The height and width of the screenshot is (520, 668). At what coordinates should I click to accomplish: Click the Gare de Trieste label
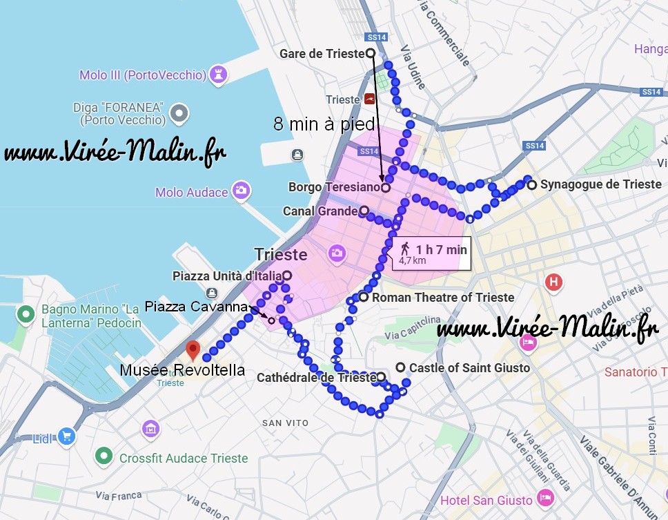coord(322,54)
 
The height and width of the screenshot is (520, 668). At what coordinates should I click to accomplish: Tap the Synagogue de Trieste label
coord(600,184)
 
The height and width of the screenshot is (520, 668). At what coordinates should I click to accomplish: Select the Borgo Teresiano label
coord(334,187)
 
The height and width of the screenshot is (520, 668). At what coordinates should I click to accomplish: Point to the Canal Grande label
coord(320,211)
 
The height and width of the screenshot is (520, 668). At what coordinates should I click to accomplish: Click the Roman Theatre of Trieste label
coord(442,298)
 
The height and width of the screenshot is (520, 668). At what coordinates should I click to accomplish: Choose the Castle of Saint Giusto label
coord(469,368)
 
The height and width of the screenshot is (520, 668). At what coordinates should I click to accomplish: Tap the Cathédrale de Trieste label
coord(316,378)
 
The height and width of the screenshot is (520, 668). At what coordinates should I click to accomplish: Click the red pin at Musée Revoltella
coord(193,349)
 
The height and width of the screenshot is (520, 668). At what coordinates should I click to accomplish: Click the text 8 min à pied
coord(324,124)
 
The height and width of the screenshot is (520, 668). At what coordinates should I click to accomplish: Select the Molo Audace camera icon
coord(241,191)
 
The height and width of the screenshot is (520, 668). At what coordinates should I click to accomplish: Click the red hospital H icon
coord(553,282)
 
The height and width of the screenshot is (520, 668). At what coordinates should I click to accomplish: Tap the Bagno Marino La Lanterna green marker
coord(26,315)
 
